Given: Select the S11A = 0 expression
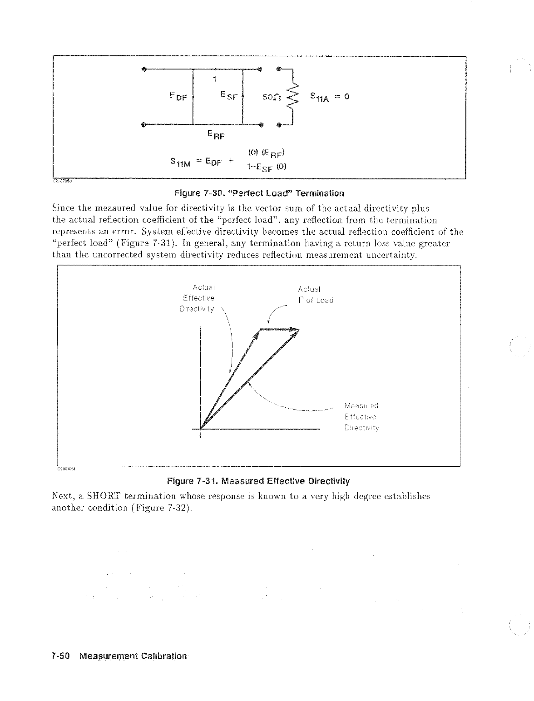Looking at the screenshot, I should (329, 97).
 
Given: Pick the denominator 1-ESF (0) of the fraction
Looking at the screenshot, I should (266, 167).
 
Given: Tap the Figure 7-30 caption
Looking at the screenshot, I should (259, 193).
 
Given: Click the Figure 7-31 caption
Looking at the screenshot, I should (259, 481).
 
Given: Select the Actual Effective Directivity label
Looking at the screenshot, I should (198, 298).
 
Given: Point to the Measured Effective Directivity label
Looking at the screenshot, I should (361, 417).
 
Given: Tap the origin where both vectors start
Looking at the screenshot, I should (200, 429).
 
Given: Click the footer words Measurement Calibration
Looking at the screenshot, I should (133, 656).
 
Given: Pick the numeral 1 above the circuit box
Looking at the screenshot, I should (214, 80).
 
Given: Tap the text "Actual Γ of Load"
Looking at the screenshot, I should (315, 295).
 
